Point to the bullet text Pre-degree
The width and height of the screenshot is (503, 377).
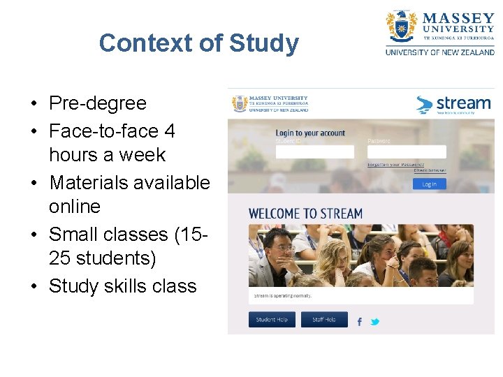tap(98, 103)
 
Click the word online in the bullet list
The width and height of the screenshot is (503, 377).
tap(75, 207)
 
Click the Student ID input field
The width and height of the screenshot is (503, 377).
tap(314, 151)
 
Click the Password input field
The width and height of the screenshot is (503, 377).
tap(407, 151)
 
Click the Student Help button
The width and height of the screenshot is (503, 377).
tap(272, 320)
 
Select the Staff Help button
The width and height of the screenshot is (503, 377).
tap(324, 320)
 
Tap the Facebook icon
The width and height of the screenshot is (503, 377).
tap(360, 321)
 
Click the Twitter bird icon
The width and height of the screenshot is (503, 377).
tap(375, 321)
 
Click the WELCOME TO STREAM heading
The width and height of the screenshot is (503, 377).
tap(305, 213)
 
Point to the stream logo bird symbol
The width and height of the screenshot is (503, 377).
tap(424, 105)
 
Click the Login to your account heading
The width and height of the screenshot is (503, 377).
tap(310, 133)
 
